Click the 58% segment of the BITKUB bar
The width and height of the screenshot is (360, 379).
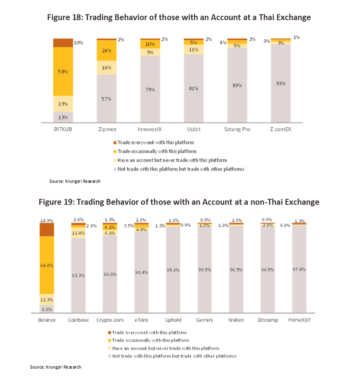(x=63, y=72)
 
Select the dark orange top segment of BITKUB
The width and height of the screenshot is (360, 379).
(x=63, y=43)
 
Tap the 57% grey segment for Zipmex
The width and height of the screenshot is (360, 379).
(x=107, y=99)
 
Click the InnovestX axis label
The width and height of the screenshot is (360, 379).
(x=150, y=130)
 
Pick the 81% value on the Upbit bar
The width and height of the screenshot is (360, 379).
(x=194, y=88)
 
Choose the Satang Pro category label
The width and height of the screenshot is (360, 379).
(x=237, y=130)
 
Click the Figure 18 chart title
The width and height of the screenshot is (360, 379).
(x=179, y=17)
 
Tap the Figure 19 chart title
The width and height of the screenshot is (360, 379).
(x=179, y=202)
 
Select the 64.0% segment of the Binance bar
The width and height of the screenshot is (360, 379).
(x=47, y=265)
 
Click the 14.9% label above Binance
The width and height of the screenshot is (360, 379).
(x=47, y=220)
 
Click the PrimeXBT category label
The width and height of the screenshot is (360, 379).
(x=299, y=320)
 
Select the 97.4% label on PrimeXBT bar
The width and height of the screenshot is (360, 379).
(x=299, y=269)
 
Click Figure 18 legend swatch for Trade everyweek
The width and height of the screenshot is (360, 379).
(x=115, y=143)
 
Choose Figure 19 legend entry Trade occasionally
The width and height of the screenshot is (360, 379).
(x=144, y=340)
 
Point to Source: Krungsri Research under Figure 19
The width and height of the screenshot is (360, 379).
(x=55, y=367)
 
